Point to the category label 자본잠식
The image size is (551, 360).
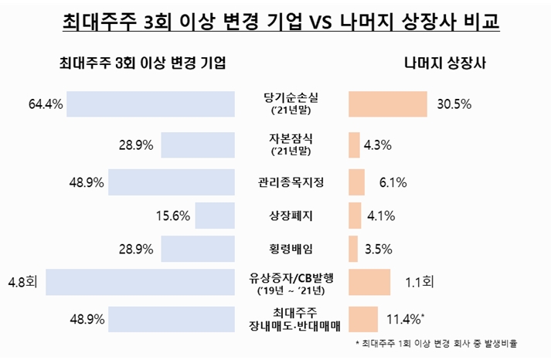tap(291, 138)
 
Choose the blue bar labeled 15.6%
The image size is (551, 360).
tap(215, 216)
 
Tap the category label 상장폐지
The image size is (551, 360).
tap(291, 216)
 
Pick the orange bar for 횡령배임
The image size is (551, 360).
tap(354, 249)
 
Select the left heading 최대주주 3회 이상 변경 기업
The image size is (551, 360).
tap(142, 64)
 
